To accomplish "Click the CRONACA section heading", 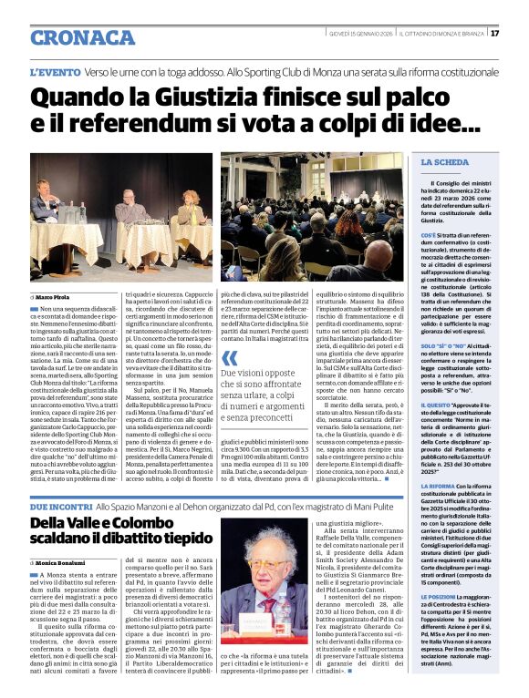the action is point(82,37).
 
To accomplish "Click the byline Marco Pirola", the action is point(54,297).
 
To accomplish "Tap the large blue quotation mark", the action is point(229,358).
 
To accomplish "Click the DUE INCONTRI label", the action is point(61,504).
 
